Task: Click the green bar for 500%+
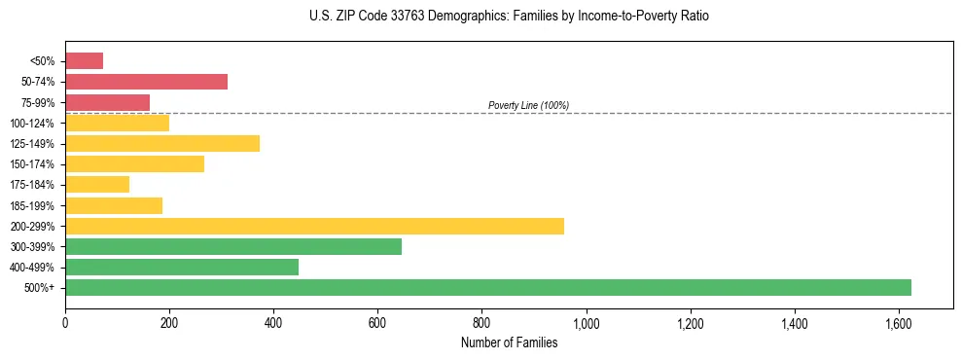click(x=487, y=287)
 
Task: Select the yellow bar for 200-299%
click(x=314, y=226)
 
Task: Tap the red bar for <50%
click(x=84, y=60)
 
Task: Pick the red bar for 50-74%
click(x=146, y=81)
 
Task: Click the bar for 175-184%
click(x=97, y=184)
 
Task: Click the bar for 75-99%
click(x=107, y=102)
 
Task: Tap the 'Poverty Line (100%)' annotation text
click(x=528, y=105)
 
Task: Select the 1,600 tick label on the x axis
click(x=899, y=322)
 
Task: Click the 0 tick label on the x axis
click(x=65, y=322)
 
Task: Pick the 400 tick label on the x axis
click(x=273, y=322)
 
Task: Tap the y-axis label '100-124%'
click(x=32, y=124)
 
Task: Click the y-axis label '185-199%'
click(x=32, y=205)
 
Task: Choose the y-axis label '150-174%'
click(x=32, y=164)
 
